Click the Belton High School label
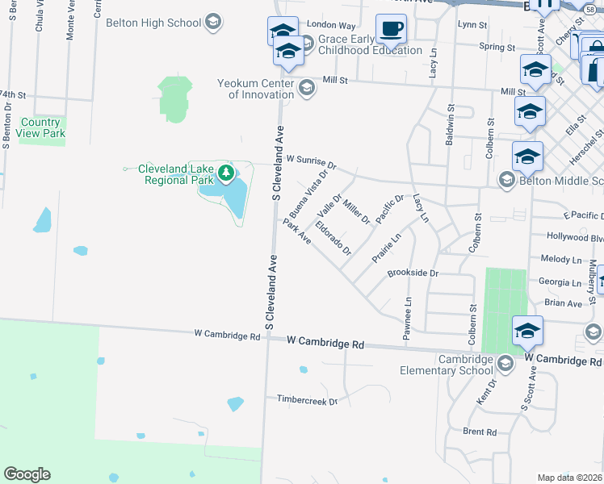tap(153, 23)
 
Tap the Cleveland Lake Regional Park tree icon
tap(227, 172)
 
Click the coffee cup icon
tap(392, 29)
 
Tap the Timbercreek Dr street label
tap(306, 399)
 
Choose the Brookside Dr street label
tap(413, 273)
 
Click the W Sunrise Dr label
tap(310, 161)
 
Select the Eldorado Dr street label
tap(333, 238)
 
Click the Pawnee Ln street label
tap(408, 317)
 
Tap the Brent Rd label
tap(480, 432)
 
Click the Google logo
tap(27, 474)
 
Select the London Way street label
tap(331, 26)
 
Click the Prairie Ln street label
tap(386, 248)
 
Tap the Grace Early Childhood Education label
tap(370, 44)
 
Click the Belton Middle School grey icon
tap(507, 179)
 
